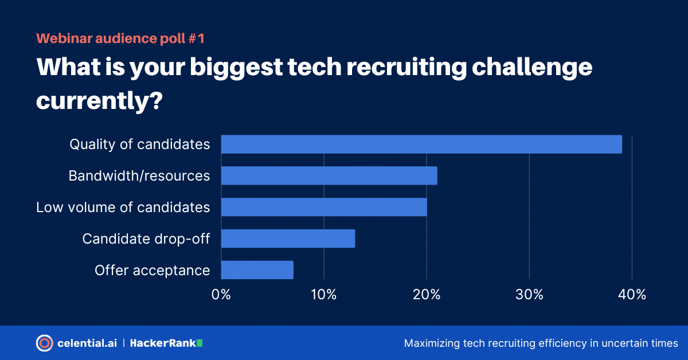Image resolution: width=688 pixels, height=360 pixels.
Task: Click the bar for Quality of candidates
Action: pyautogui.click(x=421, y=144)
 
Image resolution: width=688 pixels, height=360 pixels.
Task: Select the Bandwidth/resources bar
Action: pyautogui.click(x=329, y=175)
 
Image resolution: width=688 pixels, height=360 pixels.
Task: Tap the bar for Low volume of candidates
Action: pyautogui.click(x=324, y=207)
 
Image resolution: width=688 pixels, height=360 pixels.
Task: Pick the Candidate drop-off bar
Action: pyautogui.click(x=288, y=238)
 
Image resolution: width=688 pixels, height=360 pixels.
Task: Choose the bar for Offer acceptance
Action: pyautogui.click(x=257, y=270)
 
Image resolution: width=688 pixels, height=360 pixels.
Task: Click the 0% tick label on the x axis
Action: pyautogui.click(x=221, y=295)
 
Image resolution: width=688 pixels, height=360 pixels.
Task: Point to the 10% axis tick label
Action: pyautogui.click(x=324, y=295)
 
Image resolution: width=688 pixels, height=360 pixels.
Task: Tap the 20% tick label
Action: pyautogui.click(x=427, y=295)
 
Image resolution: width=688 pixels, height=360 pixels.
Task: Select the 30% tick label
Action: pyautogui.click(x=529, y=295)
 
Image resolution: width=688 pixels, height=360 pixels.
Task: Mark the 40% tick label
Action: pyautogui.click(x=632, y=295)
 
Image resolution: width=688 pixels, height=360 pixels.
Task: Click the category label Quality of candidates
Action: pyautogui.click(x=140, y=144)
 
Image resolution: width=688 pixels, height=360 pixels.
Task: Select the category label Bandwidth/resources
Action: pyautogui.click(x=139, y=175)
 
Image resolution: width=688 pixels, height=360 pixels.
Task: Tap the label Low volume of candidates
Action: pyautogui.click(x=123, y=207)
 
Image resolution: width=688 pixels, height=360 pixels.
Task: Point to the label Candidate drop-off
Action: pyautogui.click(x=146, y=238)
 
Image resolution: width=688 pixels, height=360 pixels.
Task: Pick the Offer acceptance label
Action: pyautogui.click(x=153, y=270)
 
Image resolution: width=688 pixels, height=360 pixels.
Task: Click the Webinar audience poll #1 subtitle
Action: pyautogui.click(x=120, y=38)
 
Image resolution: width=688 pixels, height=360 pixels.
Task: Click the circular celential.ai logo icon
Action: pyautogui.click(x=44, y=343)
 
